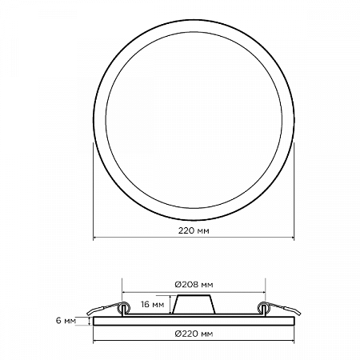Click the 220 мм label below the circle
(194, 230)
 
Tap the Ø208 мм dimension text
(194, 285)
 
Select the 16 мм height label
(153, 304)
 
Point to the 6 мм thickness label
(66, 321)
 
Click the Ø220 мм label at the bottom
(194, 334)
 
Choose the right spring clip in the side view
(279, 309)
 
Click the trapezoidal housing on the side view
(194, 305)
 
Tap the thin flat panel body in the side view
(194, 321)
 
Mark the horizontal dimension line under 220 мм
(194, 237)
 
